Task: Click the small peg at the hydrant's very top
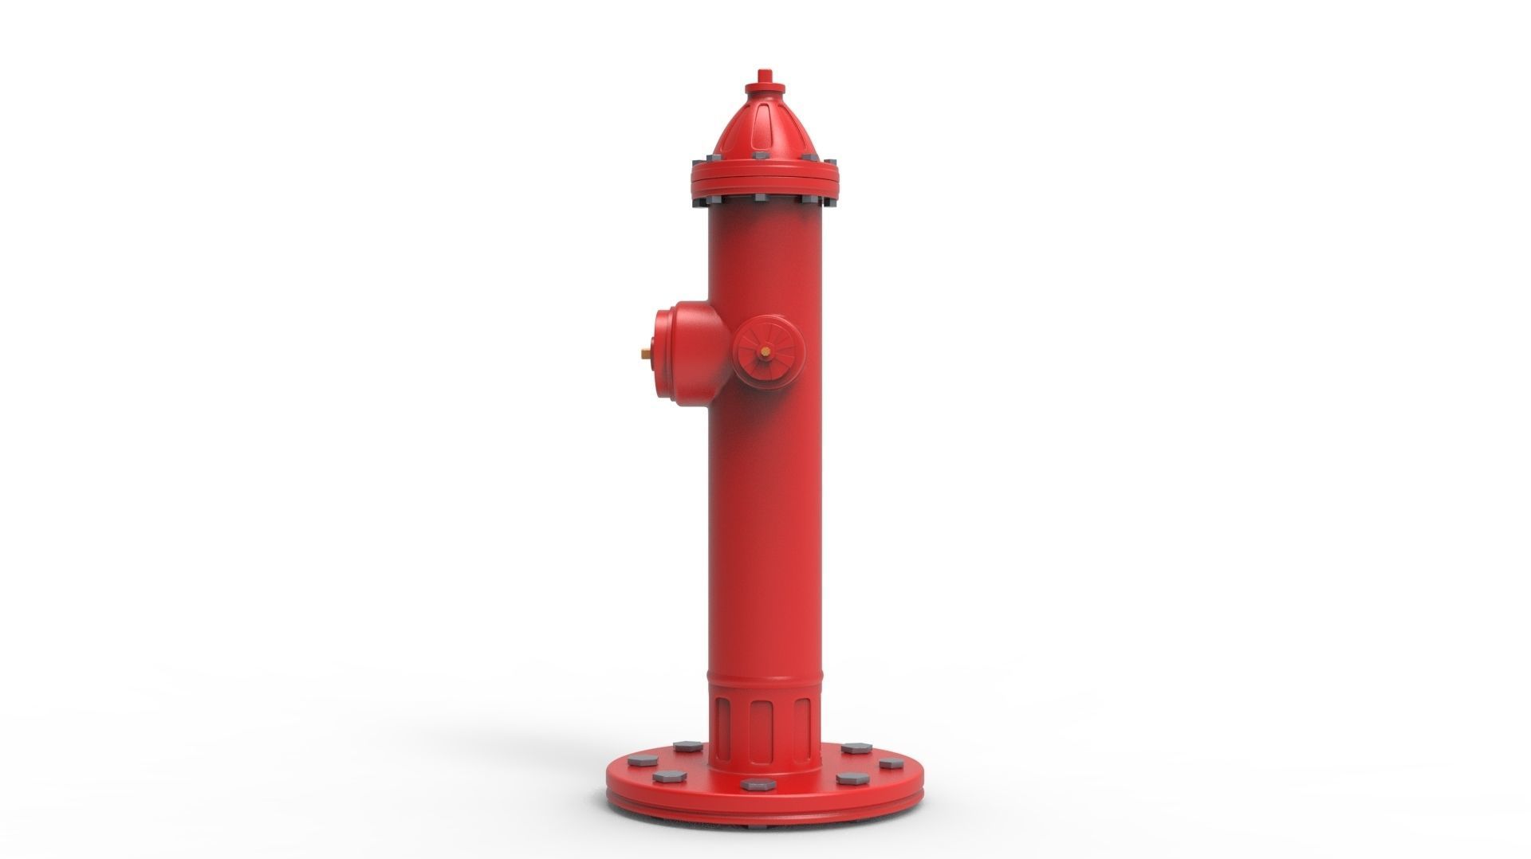764,75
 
